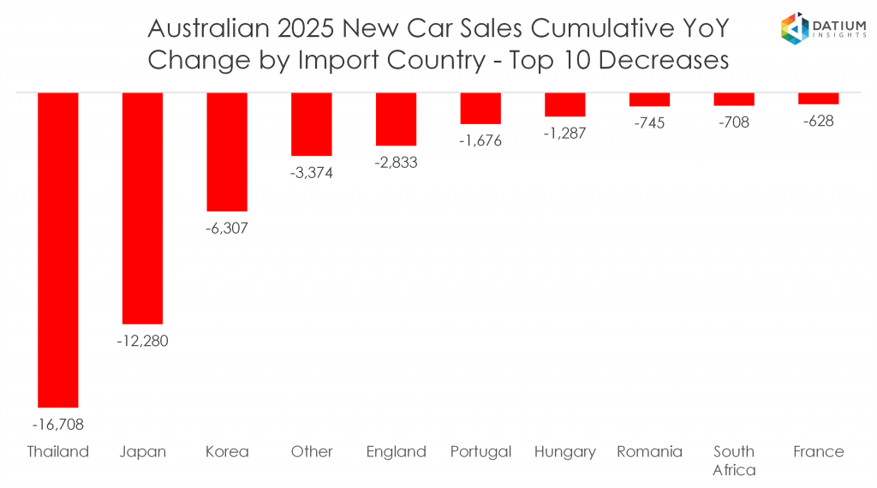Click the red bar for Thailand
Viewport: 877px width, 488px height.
(58, 249)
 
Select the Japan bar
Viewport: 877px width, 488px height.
(142, 208)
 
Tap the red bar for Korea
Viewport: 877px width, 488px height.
(227, 152)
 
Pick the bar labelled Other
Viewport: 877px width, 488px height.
(312, 124)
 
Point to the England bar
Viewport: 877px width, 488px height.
(396, 119)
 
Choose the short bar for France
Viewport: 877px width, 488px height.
(818, 98)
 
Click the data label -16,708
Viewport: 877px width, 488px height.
(58, 424)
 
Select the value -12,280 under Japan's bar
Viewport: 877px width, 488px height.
(142, 341)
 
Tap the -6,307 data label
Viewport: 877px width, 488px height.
(227, 229)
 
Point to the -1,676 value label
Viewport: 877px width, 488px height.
(480, 140)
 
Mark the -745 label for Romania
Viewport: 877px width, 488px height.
(649, 123)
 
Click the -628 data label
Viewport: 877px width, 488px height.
(818, 121)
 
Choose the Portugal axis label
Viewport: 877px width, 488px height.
(480, 451)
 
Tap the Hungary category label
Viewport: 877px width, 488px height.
(564, 451)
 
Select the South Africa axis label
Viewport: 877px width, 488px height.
(734, 460)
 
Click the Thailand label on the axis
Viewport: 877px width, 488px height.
(58, 451)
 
